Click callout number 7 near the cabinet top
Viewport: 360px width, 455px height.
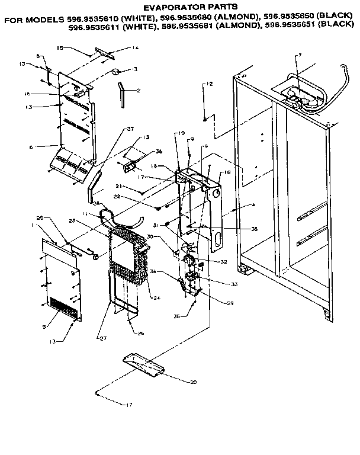[x=300, y=55]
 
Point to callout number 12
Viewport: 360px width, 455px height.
[x=209, y=85]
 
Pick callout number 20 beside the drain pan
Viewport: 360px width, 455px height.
[x=193, y=382]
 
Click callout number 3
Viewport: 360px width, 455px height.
[x=136, y=69]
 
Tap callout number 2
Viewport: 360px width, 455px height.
[x=138, y=91]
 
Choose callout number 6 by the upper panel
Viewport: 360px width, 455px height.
[x=38, y=146]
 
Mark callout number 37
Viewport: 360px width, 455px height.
[x=130, y=129]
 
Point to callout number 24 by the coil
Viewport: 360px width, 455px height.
[x=157, y=297]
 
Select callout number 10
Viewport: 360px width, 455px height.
[x=227, y=173]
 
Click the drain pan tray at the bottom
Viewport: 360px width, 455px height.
[x=150, y=366]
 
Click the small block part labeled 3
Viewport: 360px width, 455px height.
[x=116, y=72]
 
